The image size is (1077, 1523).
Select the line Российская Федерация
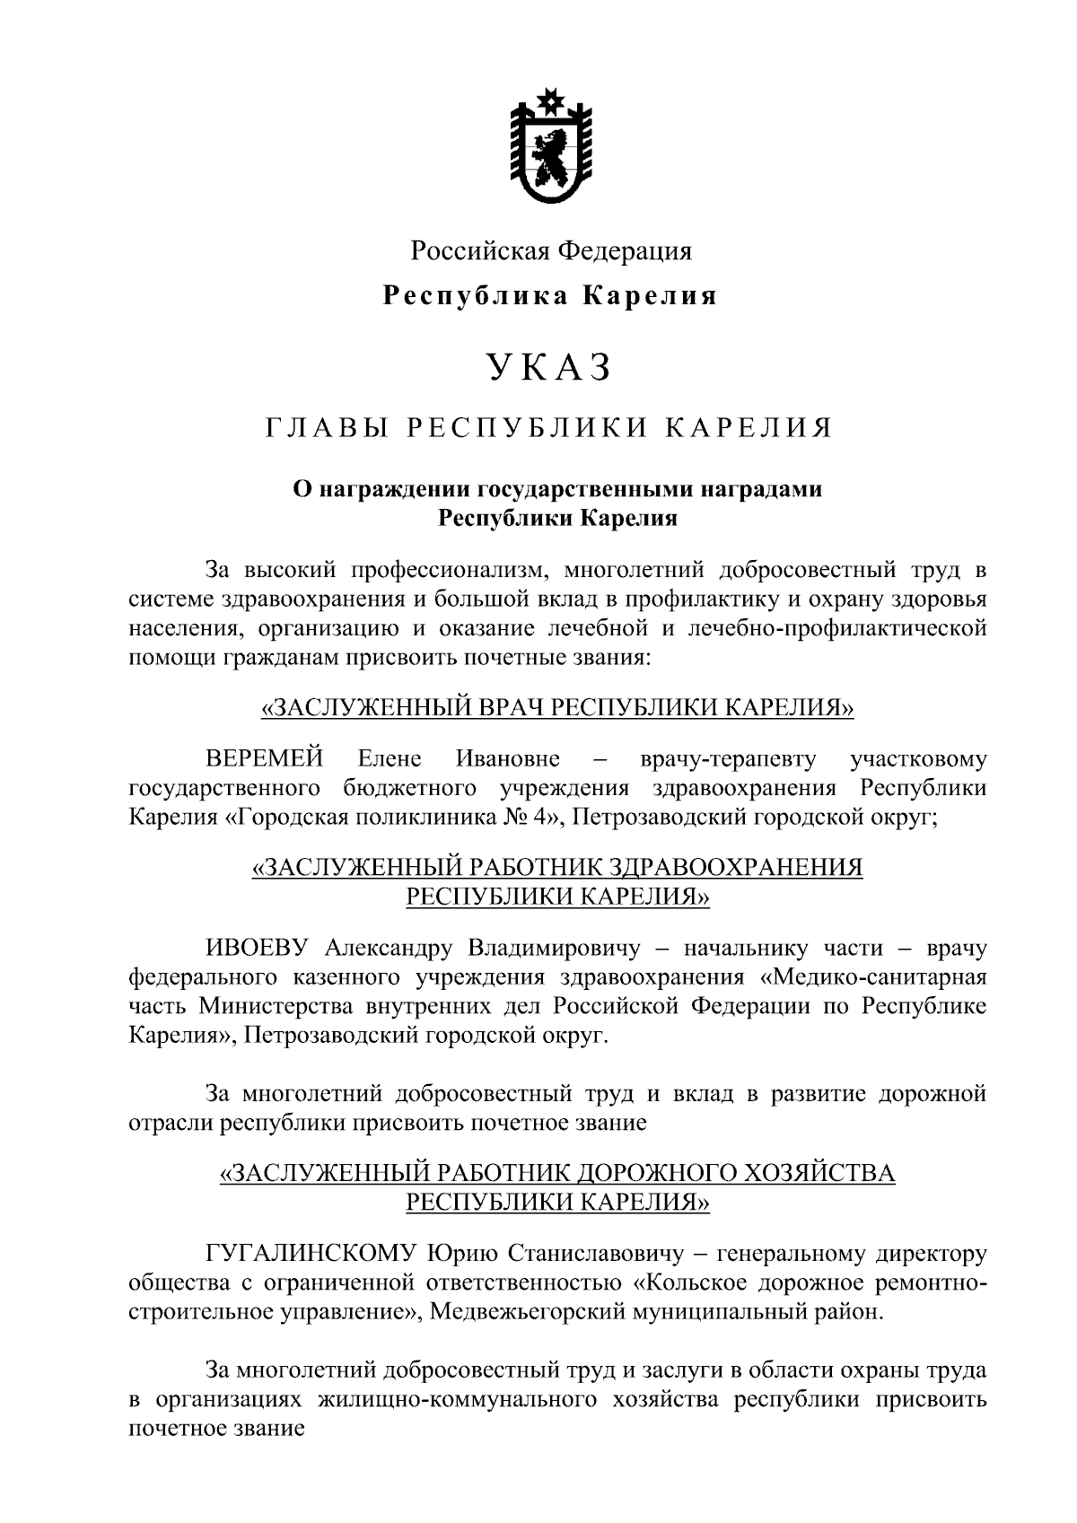pyautogui.click(x=551, y=250)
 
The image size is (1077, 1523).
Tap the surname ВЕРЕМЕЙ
pyautogui.click(x=265, y=759)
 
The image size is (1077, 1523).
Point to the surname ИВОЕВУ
pyautogui.click(x=258, y=948)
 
